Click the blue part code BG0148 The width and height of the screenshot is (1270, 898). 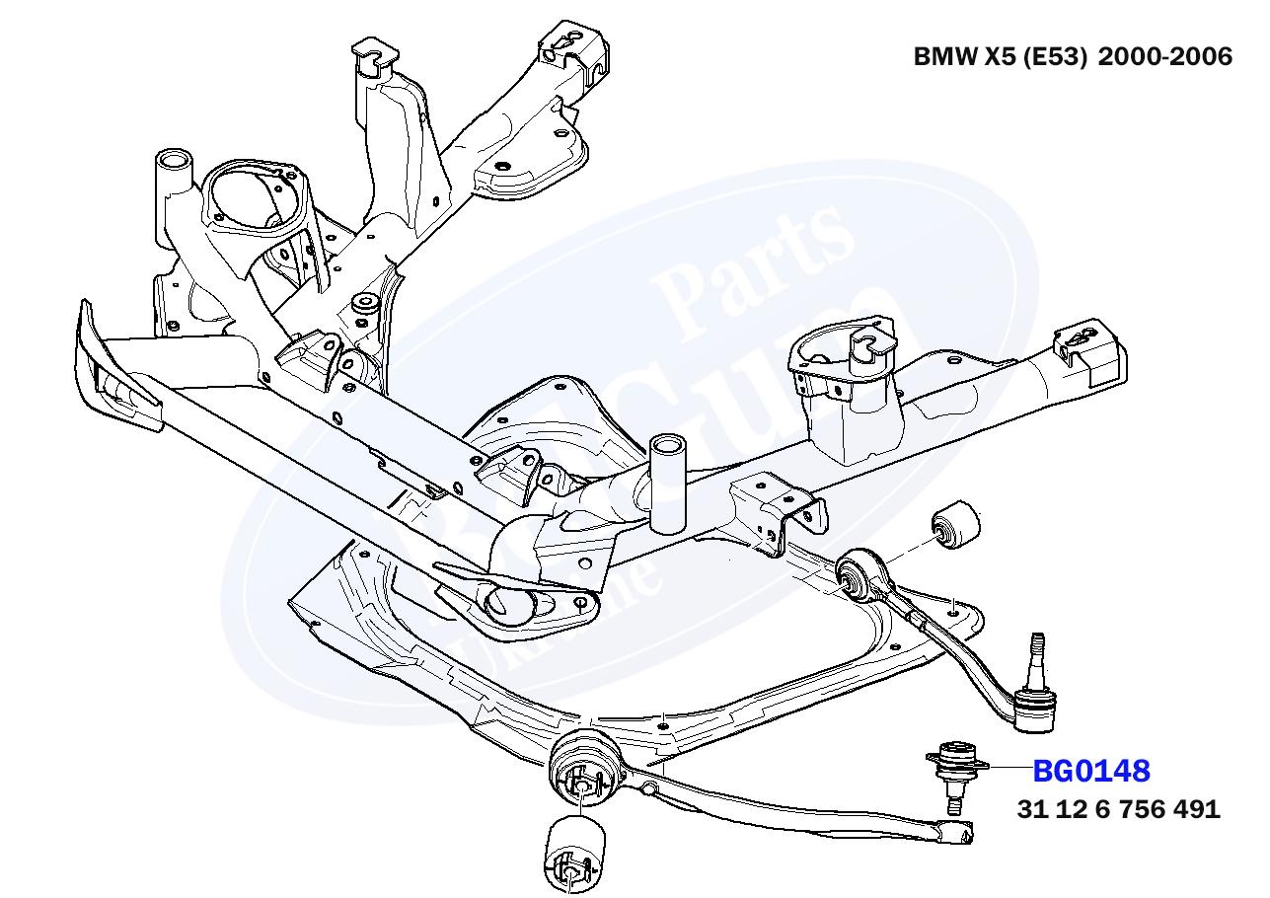pos(1091,770)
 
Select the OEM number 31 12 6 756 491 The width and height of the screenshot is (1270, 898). pos(1119,809)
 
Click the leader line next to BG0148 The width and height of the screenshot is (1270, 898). pos(1009,767)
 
